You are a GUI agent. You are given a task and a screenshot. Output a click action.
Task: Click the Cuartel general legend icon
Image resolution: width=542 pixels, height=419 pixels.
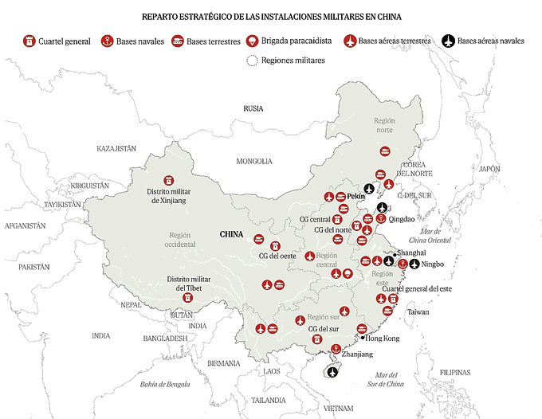tap(29, 41)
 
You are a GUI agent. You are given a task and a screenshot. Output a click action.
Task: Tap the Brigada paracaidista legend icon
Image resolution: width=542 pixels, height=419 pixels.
tap(252, 41)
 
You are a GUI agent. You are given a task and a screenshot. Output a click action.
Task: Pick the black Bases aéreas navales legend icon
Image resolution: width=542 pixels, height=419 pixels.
tap(448, 41)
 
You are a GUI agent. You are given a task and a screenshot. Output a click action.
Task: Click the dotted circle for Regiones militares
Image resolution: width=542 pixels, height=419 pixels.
tap(253, 61)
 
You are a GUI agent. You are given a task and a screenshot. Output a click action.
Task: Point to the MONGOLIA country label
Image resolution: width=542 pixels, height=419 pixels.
tap(254, 162)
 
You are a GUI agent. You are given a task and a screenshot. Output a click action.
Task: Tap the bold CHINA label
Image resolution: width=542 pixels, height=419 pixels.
tap(231, 235)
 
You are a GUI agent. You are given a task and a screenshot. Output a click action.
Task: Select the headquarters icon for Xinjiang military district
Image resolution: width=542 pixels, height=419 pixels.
tap(167, 181)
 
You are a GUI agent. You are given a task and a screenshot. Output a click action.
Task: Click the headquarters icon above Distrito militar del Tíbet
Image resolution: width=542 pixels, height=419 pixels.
tap(189, 297)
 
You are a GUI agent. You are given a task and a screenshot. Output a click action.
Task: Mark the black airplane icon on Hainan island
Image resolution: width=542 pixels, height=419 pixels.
tap(333, 371)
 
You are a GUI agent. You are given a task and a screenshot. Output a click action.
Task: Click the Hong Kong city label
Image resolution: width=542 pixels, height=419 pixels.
tap(382, 338)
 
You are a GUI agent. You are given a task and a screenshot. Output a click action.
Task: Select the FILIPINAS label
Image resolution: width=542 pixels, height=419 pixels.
tap(454, 372)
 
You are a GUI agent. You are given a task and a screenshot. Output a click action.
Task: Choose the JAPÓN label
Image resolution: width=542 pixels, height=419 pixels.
tap(489, 169)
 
